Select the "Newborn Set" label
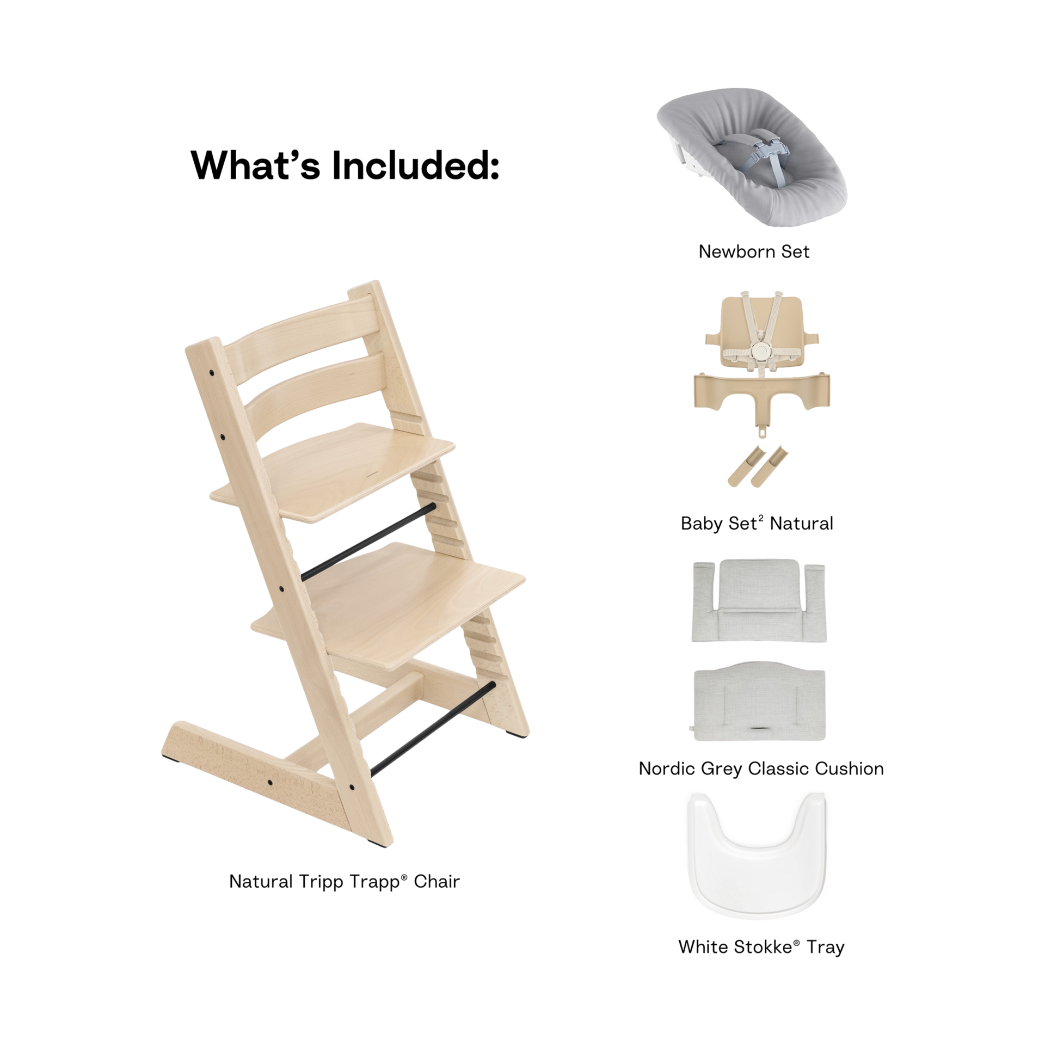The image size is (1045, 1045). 754,251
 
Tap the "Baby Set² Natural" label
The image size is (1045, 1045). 757,524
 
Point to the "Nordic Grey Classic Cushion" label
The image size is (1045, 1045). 761,769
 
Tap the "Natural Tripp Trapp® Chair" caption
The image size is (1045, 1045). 343,882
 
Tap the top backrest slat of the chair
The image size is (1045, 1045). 305,321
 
